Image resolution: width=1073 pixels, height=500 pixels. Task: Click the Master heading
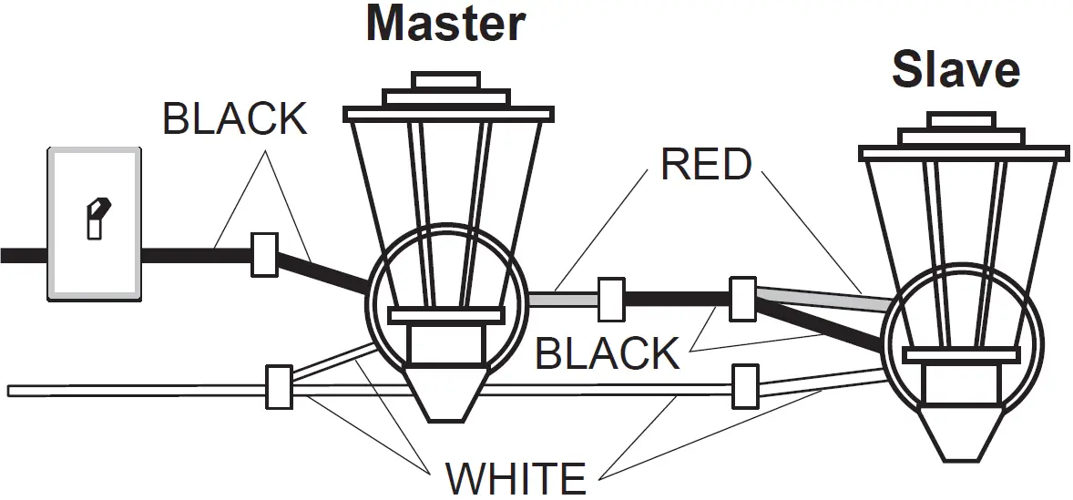445,24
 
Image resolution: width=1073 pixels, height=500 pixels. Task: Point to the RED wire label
707,165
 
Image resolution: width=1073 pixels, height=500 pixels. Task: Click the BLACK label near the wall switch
235,119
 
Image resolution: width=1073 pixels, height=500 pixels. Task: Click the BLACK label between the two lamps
607,353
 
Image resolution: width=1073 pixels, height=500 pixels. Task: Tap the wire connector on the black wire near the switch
264,255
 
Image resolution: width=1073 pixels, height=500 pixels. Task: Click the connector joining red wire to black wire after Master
610,301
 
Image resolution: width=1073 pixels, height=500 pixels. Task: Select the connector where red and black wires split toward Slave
742,299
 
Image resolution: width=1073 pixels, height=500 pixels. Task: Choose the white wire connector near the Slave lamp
745,386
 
